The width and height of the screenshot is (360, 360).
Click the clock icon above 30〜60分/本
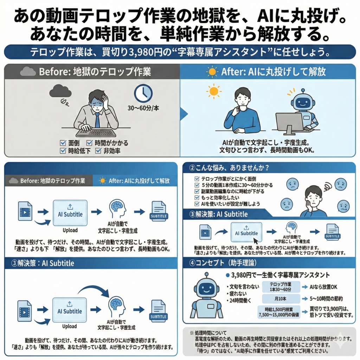coord(143,93)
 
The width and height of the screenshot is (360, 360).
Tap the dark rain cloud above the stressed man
coord(60,92)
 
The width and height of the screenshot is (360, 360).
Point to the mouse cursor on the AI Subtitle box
coord(256,240)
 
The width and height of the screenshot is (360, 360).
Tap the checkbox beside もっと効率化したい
coord(197,198)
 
